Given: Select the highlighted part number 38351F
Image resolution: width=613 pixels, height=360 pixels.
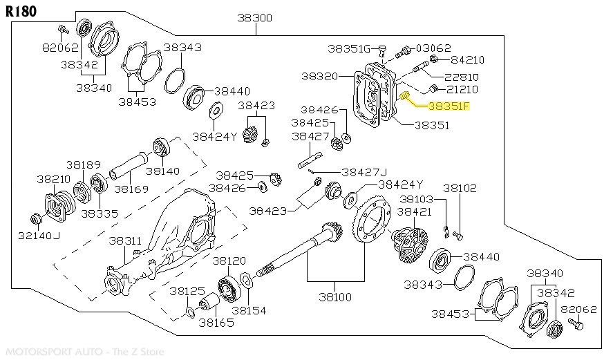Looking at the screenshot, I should pyautogui.click(x=448, y=106).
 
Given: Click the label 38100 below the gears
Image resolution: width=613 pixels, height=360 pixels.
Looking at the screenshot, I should pyautogui.click(x=335, y=296).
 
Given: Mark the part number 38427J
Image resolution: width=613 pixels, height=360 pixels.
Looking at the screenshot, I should pyautogui.click(x=364, y=172).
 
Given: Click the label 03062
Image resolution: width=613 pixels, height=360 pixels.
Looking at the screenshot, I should pyautogui.click(x=433, y=48).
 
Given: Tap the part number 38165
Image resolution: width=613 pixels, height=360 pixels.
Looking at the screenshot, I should pyautogui.click(x=216, y=321).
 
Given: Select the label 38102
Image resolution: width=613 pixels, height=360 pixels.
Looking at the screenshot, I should pyautogui.click(x=460, y=187).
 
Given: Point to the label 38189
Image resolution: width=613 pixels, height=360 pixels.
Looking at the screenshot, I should pyautogui.click(x=84, y=165).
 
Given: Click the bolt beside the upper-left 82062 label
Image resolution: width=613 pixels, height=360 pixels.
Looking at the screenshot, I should pyautogui.click(x=63, y=30).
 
